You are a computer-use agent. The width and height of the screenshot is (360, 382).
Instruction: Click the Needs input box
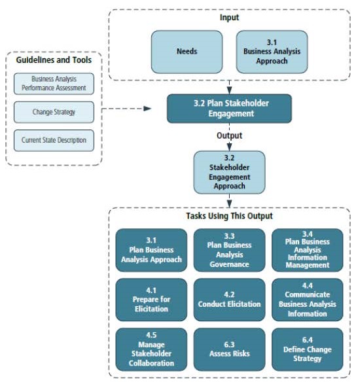pyautogui.click(x=187, y=50)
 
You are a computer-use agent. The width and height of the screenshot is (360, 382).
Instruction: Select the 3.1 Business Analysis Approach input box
pyautogui.click(x=271, y=50)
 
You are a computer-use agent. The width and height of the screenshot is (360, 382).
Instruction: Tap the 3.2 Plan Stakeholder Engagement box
pyautogui.click(x=228, y=109)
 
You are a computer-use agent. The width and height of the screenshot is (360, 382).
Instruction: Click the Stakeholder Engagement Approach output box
pyautogui.click(x=228, y=172)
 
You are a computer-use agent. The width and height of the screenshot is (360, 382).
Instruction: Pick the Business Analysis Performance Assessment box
pyautogui.click(x=54, y=84)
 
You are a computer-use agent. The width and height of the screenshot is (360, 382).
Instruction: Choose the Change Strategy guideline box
pyautogui.click(x=54, y=112)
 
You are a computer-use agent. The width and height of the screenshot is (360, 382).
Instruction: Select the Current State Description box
pyautogui.click(x=54, y=140)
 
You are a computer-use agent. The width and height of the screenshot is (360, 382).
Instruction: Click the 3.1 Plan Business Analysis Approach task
pyautogui.click(x=151, y=250)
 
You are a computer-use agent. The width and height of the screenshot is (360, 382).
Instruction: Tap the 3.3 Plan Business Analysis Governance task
pyautogui.click(x=229, y=250)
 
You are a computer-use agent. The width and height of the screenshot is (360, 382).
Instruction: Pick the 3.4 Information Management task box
pyautogui.click(x=307, y=250)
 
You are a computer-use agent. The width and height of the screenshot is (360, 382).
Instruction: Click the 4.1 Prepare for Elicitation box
pyautogui.click(x=151, y=300)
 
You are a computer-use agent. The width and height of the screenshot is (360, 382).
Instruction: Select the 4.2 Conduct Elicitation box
pyautogui.click(x=229, y=300)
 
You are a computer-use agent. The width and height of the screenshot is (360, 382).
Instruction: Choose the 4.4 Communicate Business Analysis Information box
pyautogui.click(x=307, y=300)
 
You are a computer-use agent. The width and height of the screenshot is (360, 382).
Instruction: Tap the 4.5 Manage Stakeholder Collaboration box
pyautogui.click(x=151, y=349)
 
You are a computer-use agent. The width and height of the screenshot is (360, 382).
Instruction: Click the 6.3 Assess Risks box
pyautogui.click(x=229, y=349)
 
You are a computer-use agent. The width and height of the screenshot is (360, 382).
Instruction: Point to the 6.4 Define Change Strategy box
pyautogui.click(x=307, y=349)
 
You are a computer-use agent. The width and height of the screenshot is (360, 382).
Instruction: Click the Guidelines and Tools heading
pyautogui.click(x=53, y=60)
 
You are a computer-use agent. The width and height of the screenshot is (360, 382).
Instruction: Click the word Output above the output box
pyautogui.click(x=229, y=135)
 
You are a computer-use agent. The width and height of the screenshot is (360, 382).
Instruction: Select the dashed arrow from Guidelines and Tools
pyautogui.click(x=131, y=109)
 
